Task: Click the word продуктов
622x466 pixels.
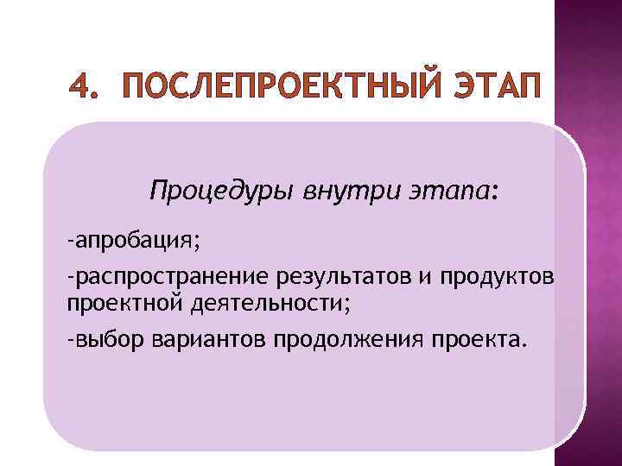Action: [503, 277]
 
